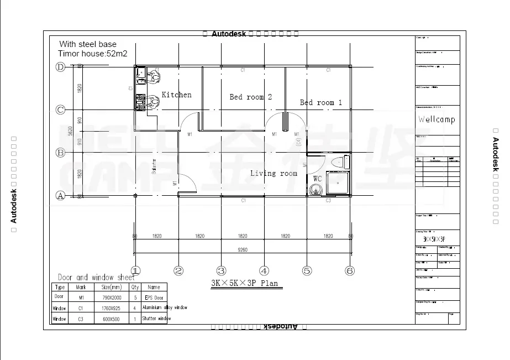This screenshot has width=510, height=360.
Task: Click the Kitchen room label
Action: [x=177, y=95]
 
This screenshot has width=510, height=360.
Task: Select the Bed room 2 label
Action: [x=250, y=97]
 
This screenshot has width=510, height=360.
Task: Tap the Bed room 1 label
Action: [x=320, y=103]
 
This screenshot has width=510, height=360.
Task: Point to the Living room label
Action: [x=274, y=174]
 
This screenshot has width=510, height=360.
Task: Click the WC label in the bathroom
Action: [x=317, y=179]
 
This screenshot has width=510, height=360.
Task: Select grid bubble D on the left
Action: [x=60, y=67]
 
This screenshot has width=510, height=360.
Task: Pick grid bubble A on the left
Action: [x=60, y=195]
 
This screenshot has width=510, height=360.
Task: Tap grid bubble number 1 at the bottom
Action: [x=135, y=271]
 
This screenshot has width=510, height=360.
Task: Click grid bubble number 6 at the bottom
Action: [x=350, y=271]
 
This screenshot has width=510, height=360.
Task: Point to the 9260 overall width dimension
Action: [x=243, y=250]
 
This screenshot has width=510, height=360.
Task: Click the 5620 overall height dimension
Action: [x=70, y=131]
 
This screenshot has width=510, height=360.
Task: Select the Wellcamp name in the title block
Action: [x=437, y=119]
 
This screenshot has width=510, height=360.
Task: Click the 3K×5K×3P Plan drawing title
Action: [x=244, y=284]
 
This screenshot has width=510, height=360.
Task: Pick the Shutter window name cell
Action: [x=157, y=319]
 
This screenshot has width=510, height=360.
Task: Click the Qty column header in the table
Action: [x=135, y=287]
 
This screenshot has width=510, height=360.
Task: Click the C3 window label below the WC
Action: [x=328, y=200]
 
